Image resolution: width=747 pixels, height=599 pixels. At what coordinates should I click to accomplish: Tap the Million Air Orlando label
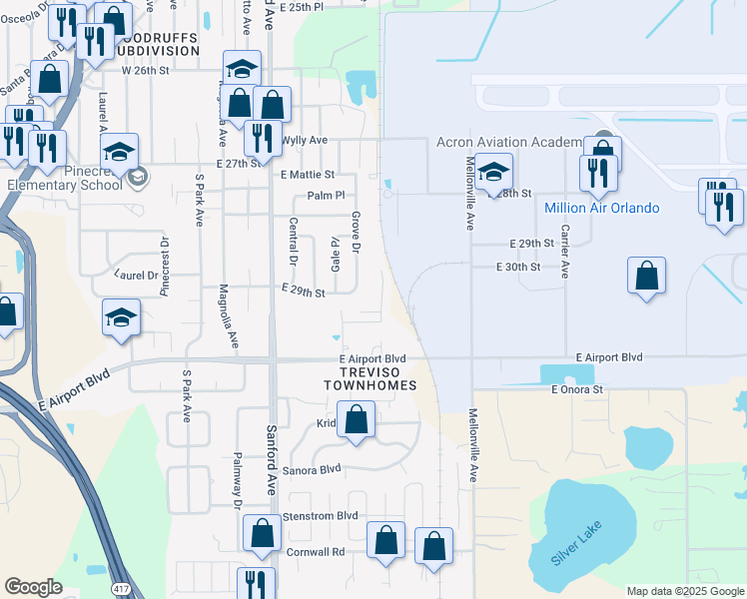(x=602, y=208)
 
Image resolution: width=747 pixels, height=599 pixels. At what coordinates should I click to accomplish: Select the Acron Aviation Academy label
(x=508, y=142)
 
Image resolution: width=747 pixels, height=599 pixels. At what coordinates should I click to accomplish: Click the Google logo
(x=33, y=587)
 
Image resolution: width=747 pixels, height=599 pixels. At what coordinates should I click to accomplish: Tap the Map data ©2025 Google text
(x=685, y=591)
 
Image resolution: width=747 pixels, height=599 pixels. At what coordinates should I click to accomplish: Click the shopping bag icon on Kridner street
(x=357, y=421)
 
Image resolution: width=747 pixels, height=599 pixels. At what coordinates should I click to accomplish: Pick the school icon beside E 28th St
(x=492, y=172)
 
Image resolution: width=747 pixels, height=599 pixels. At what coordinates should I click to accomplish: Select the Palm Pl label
(x=326, y=196)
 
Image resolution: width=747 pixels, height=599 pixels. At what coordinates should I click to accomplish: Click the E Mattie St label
(x=307, y=175)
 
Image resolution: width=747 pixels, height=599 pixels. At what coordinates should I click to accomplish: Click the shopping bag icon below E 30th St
(x=646, y=277)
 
